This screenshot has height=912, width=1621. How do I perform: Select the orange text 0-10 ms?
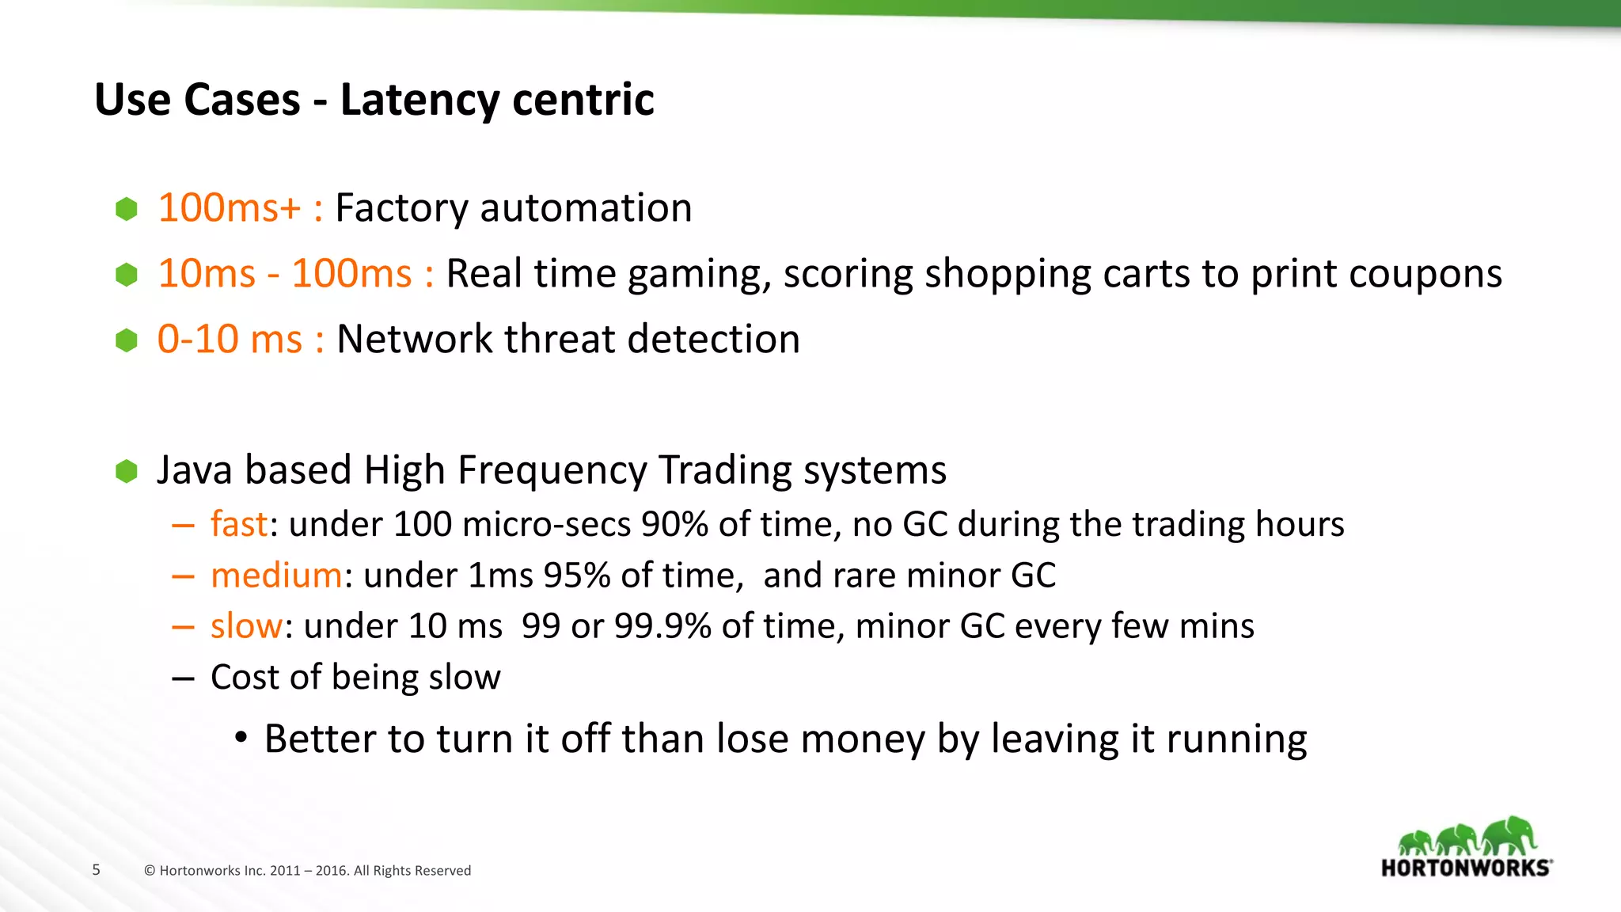[230, 340]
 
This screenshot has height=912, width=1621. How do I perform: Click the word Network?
[415, 340]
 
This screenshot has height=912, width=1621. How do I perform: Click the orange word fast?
[238, 524]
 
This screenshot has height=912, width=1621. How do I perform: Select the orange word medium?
[276, 576]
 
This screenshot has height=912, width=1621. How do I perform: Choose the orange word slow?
[245, 626]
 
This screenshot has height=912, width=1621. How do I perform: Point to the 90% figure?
[674, 524]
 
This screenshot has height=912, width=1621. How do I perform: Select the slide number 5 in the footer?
[97, 870]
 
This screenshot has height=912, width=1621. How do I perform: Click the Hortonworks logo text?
[1466, 868]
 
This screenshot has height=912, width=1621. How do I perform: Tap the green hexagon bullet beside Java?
[127, 471]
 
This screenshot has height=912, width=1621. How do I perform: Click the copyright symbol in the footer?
[150, 871]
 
